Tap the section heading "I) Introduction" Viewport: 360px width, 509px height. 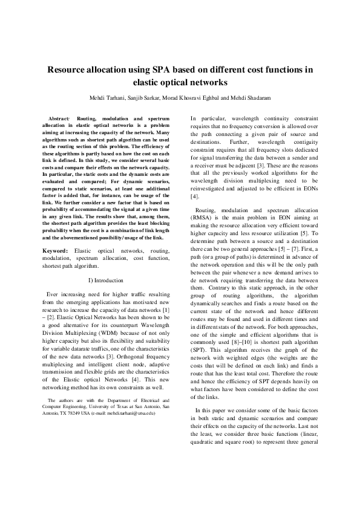pyautogui.click(x=106, y=280)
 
